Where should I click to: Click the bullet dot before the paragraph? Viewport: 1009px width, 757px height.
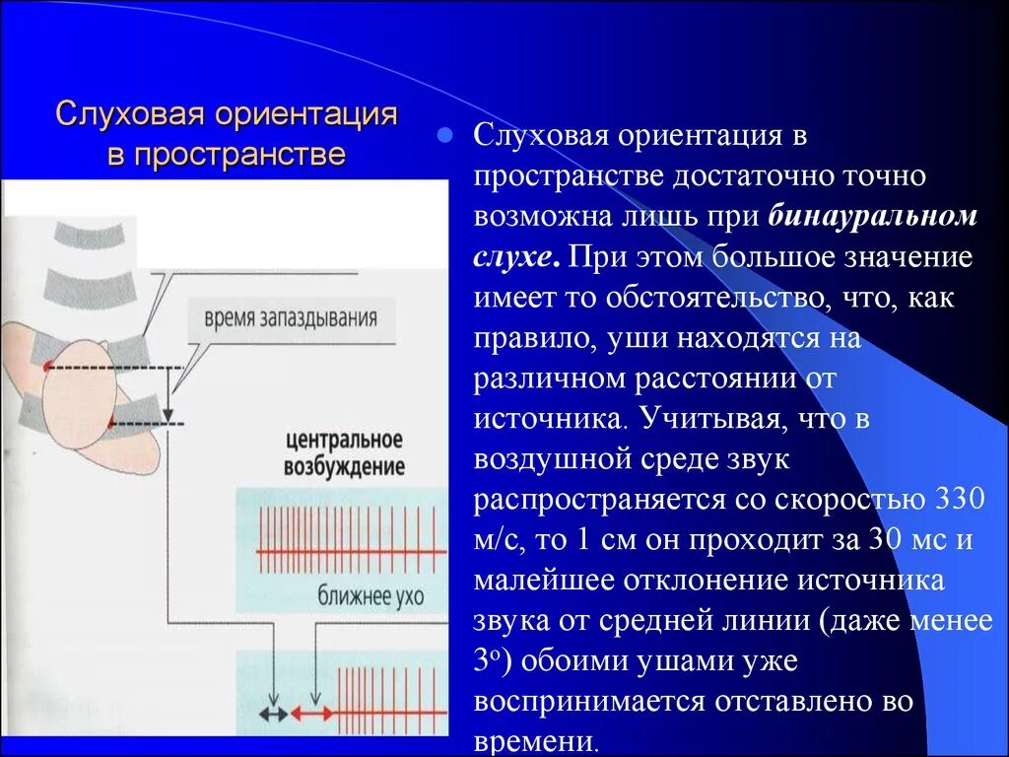pyautogui.click(x=444, y=135)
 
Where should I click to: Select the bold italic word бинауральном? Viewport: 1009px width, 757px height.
pyautogui.click(x=873, y=216)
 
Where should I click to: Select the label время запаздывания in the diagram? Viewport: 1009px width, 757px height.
pyautogui.click(x=290, y=319)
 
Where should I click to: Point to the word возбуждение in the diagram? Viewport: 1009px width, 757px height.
pyautogui.click(x=344, y=465)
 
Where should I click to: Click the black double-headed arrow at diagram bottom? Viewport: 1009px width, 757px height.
pyautogui.click(x=273, y=712)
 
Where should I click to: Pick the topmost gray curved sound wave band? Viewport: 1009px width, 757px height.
pyautogui.click(x=90, y=233)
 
